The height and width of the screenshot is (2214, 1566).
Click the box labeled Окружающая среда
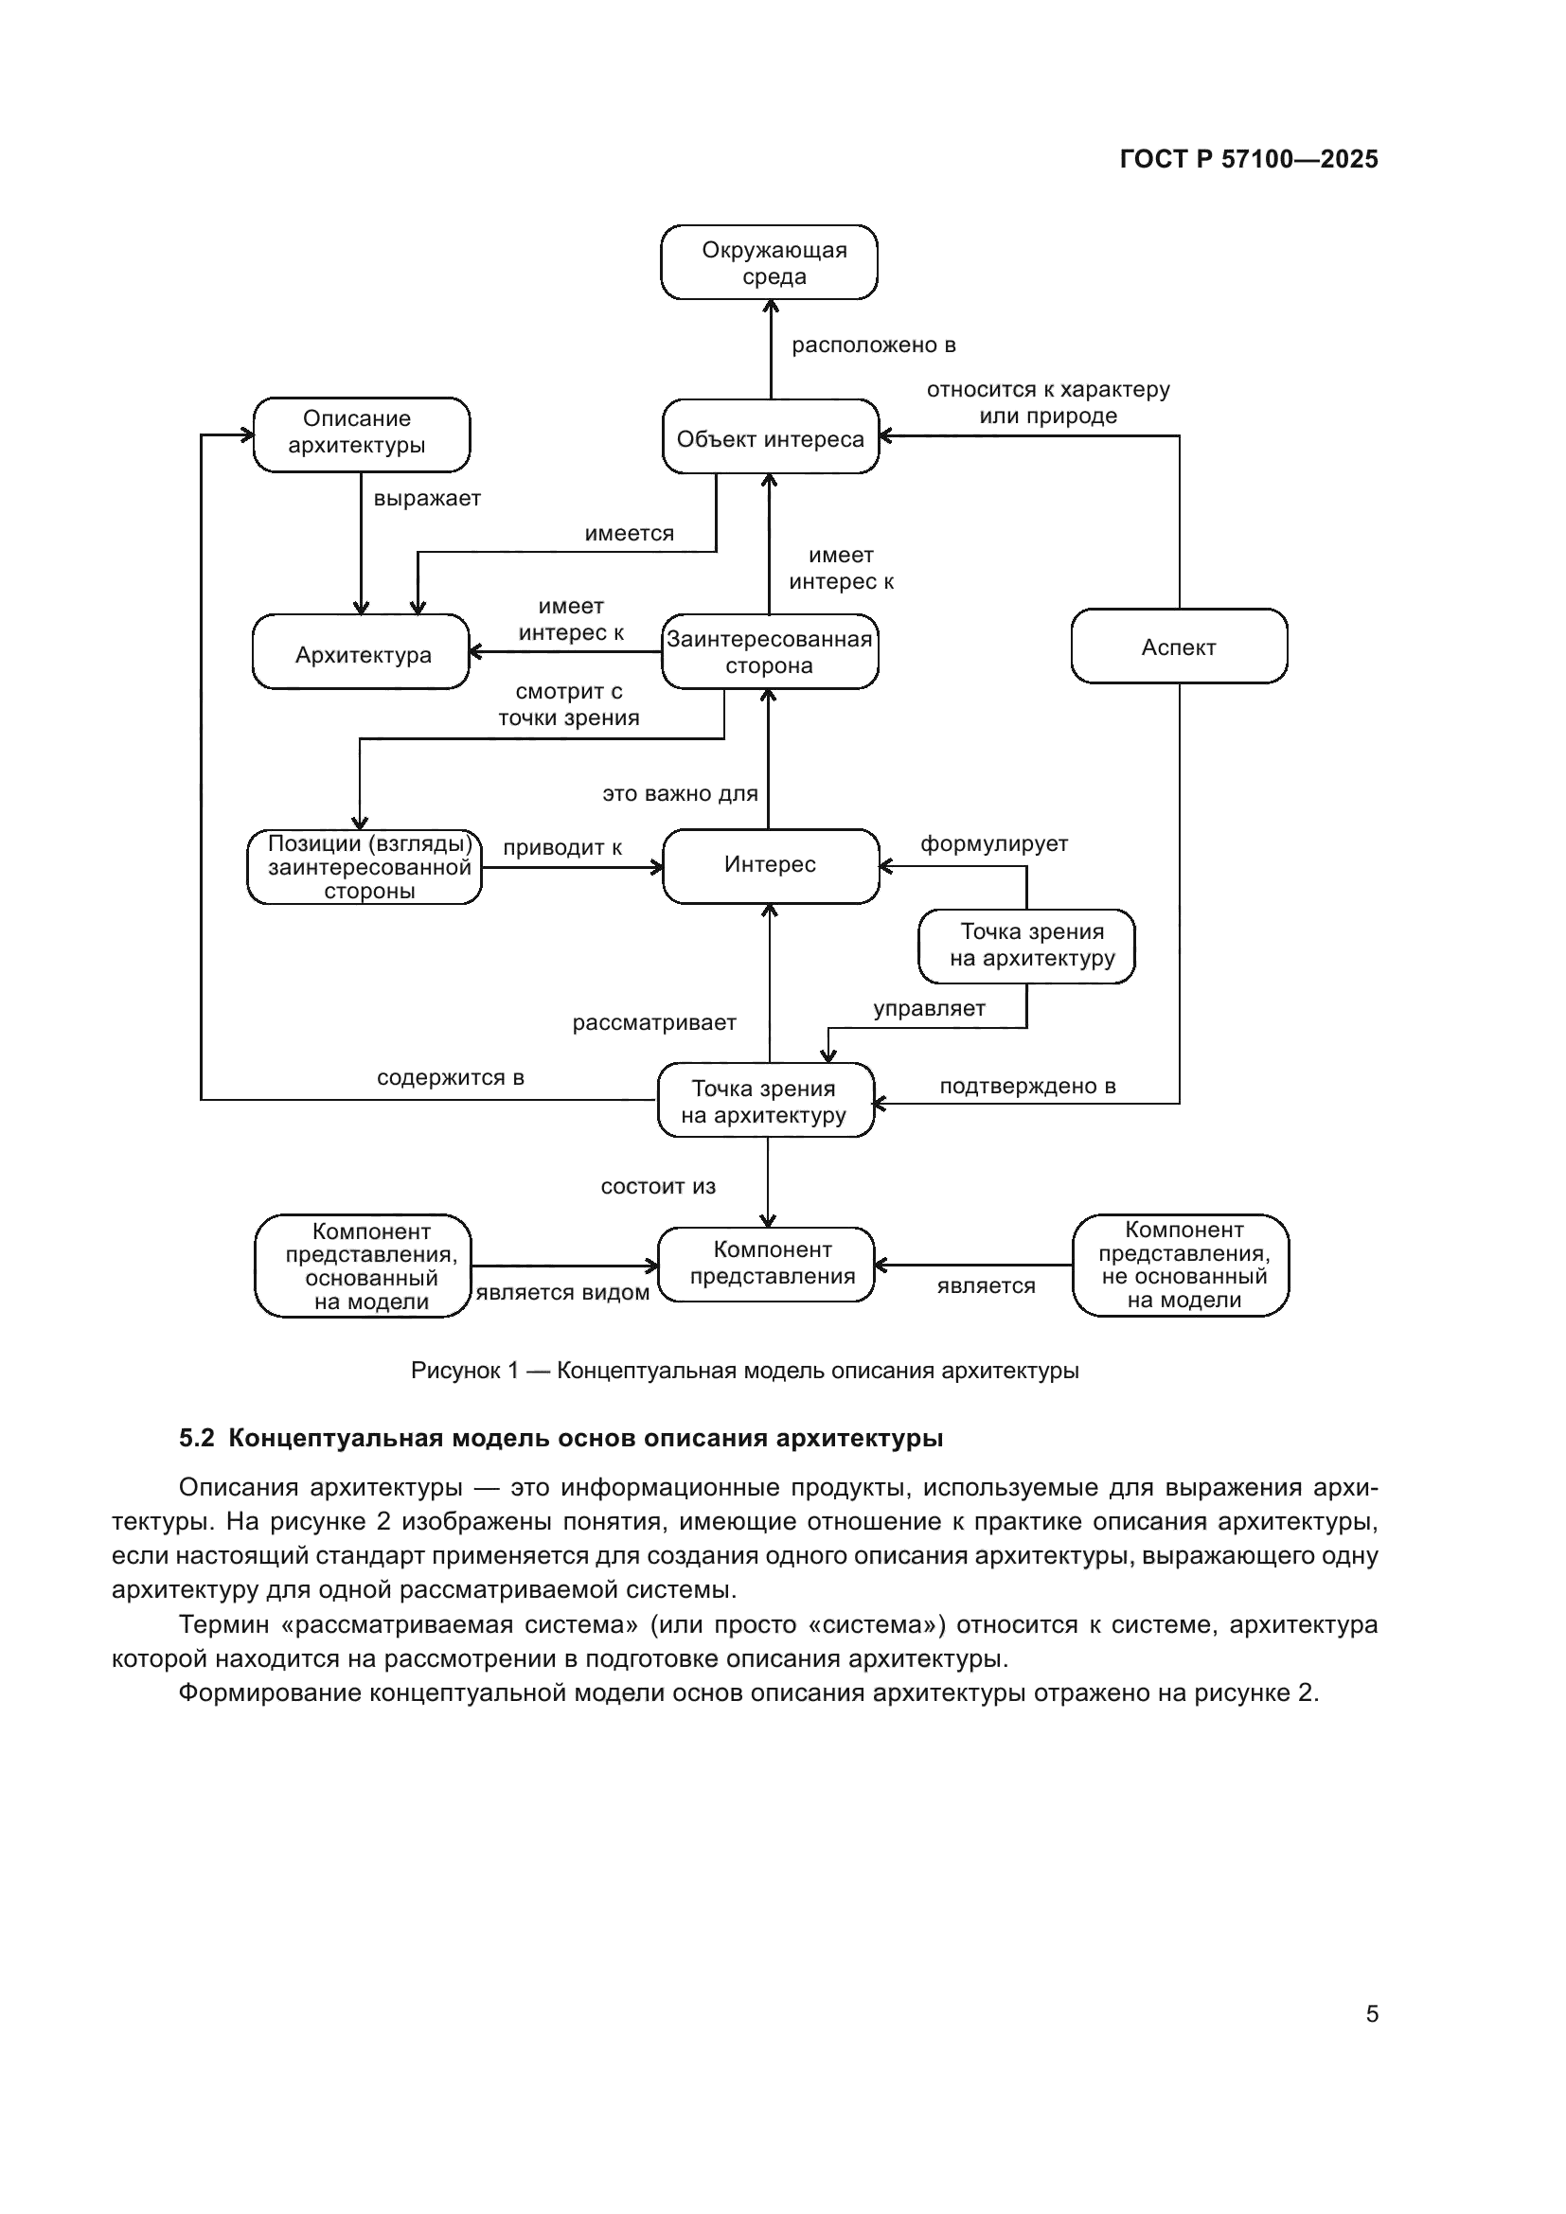[x=769, y=262]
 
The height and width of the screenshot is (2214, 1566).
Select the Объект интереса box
[x=771, y=436]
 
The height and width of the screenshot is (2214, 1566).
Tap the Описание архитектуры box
[x=361, y=433]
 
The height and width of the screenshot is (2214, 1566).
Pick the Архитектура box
[x=361, y=653]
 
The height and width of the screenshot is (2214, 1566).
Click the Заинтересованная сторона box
[x=770, y=653]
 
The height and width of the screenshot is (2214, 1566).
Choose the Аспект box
[x=1179, y=646]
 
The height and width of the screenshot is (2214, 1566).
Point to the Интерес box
[x=771, y=865]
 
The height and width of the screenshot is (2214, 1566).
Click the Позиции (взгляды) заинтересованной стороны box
[x=365, y=867]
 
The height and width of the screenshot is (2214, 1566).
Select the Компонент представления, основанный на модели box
[x=364, y=1266]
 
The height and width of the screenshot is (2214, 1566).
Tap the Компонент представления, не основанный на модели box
[x=1181, y=1265]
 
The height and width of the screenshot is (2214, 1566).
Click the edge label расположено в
[x=873, y=345]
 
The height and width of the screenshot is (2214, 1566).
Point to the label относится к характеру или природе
[x=1048, y=403]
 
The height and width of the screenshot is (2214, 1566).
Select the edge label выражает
[x=427, y=499]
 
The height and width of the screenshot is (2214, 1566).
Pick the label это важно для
[x=680, y=793]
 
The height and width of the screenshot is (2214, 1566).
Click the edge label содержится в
[x=451, y=1077]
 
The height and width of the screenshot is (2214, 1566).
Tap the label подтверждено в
[x=1028, y=1086]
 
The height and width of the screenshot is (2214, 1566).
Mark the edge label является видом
[x=562, y=1292]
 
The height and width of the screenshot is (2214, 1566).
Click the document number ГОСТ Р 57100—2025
[x=1249, y=159]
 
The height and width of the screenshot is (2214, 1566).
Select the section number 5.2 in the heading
[x=196, y=1438]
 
